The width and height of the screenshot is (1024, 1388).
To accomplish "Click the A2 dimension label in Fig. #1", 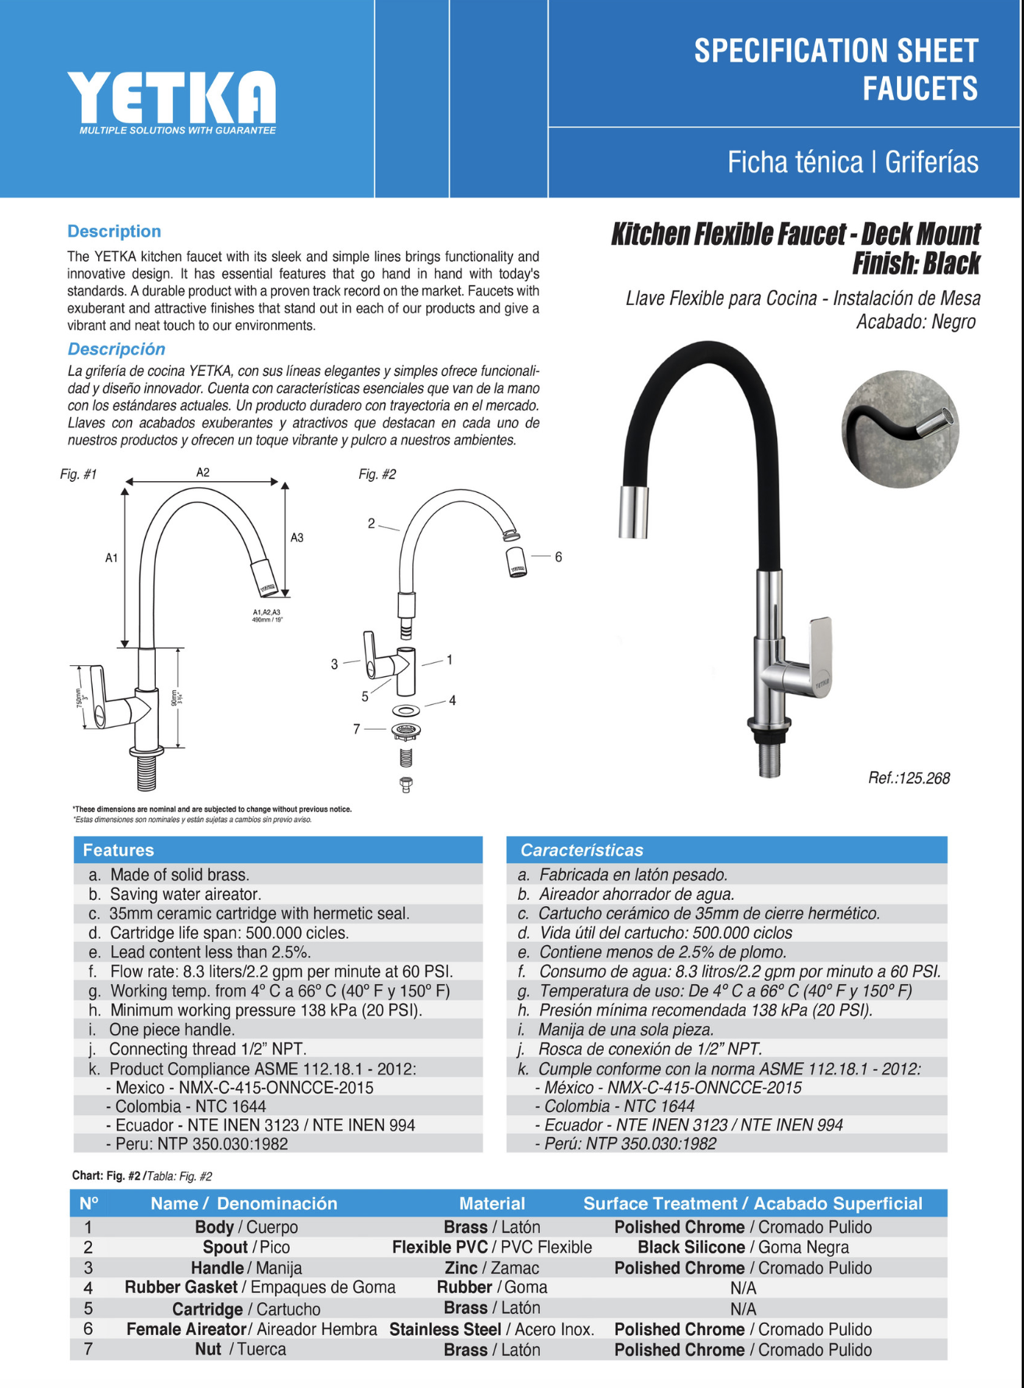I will coord(203,473).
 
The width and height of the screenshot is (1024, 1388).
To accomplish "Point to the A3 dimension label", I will coord(297,537).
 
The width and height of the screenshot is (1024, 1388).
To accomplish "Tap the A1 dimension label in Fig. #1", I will coord(111,558).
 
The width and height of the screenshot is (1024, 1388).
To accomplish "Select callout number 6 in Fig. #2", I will coord(558,557).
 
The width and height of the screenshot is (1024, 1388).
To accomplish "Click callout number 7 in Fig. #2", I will coord(357,728).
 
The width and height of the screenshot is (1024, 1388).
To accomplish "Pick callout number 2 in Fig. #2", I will coord(372,523).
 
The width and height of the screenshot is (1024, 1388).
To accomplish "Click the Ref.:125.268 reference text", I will coord(909,778).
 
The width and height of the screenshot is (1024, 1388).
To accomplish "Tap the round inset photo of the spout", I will coord(900,430).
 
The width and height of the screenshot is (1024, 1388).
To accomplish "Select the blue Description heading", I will coord(114,232).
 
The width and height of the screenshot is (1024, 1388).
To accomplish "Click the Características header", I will coord(581,850).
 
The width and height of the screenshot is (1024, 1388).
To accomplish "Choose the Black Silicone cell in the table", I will coord(743,1248).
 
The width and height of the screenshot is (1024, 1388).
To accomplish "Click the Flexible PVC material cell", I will coord(492,1248).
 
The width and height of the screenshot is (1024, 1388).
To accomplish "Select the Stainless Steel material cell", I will coord(492,1330).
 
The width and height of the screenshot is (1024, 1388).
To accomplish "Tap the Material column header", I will coord(492,1203).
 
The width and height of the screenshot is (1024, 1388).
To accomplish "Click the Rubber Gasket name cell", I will coord(260,1287).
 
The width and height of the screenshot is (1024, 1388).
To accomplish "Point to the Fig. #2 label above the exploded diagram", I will coord(377,474).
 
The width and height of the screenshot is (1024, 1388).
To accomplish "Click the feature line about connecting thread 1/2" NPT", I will coord(207,1050).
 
